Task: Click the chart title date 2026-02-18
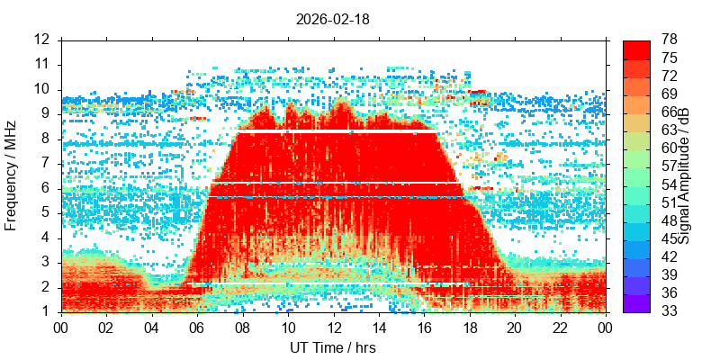point(332,19)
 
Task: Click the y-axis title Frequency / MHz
point(11,175)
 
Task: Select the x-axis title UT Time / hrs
point(333,347)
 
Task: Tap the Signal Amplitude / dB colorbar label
point(685,175)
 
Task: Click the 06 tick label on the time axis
point(197,328)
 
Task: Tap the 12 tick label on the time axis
point(333,328)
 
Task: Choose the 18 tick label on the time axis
point(470,328)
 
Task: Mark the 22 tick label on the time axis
point(561,328)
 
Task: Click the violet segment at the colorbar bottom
point(636,303)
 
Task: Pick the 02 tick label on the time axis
point(106,328)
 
